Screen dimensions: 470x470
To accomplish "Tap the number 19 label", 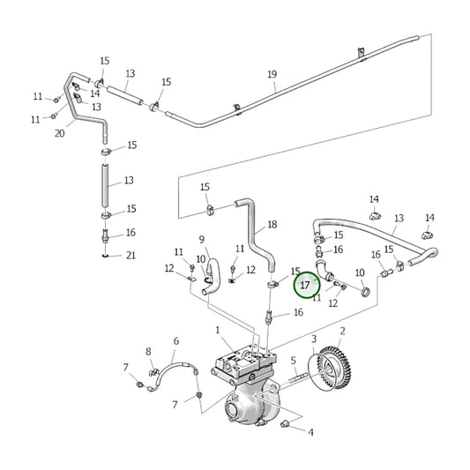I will (x=272, y=74).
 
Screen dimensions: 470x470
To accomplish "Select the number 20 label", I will (x=60, y=134).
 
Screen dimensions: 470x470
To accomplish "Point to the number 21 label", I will (x=131, y=256).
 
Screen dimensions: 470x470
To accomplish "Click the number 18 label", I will (x=272, y=225).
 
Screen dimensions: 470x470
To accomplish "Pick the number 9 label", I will (x=201, y=239).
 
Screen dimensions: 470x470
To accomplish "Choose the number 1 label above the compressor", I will (x=217, y=330).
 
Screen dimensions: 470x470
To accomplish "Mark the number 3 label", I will (x=313, y=339).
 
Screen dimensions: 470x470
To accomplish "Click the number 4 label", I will (x=310, y=432).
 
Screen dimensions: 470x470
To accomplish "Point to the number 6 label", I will (x=175, y=340).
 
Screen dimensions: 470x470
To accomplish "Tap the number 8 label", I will (x=148, y=352).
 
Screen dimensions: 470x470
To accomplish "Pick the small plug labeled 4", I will (x=286, y=426).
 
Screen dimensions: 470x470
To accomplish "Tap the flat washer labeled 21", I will (x=106, y=257).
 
